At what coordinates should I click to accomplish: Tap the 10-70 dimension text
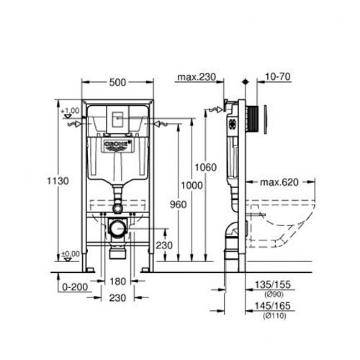click(276, 77)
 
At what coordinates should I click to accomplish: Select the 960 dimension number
click(179, 204)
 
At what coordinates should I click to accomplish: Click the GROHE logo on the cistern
click(117, 145)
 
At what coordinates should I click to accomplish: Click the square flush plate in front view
click(117, 120)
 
